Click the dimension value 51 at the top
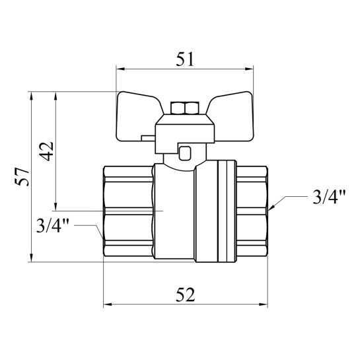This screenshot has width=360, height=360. pos(185,59)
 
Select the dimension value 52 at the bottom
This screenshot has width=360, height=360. pos(185,295)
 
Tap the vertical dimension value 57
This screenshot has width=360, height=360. pos(22,176)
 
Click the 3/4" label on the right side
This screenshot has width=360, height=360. pos(329,197)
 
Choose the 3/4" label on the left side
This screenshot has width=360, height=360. pos(53,225)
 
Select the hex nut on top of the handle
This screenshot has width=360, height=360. pos(184,108)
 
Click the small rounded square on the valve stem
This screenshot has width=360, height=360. pos(184,153)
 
